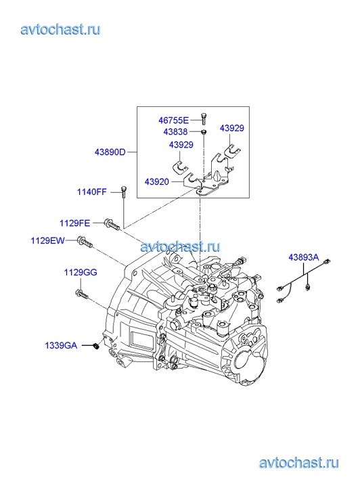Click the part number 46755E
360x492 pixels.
[x=173, y=120]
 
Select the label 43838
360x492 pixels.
[x=175, y=132]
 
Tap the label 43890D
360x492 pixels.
[x=110, y=152]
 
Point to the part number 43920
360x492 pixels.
[x=156, y=181]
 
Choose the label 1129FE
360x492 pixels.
[x=74, y=223]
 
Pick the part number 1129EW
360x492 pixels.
[x=47, y=241]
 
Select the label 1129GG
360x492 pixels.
[x=81, y=272]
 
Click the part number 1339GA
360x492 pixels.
[x=61, y=345]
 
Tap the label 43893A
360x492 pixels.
[x=304, y=258]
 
